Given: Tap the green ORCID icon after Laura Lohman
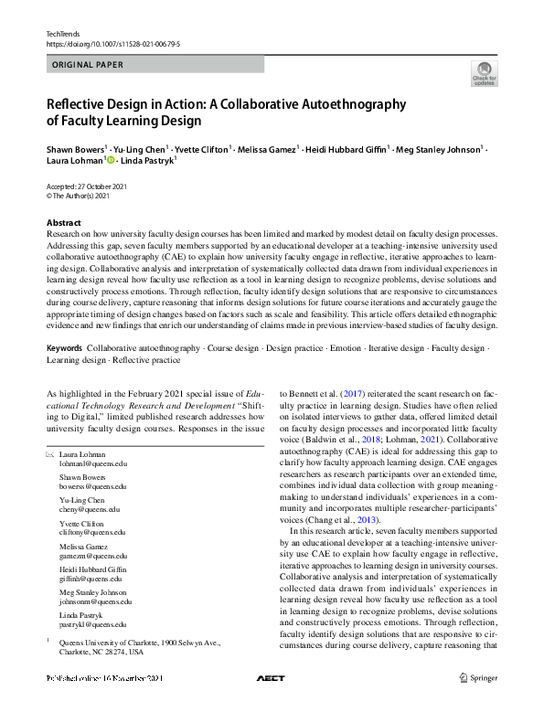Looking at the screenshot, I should click(x=112, y=161).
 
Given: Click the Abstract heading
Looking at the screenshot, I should click(x=66, y=223).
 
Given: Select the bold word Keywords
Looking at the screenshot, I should click(x=64, y=349).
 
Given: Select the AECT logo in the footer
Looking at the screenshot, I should click(x=271, y=678).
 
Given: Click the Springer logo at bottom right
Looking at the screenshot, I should click(x=480, y=678).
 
